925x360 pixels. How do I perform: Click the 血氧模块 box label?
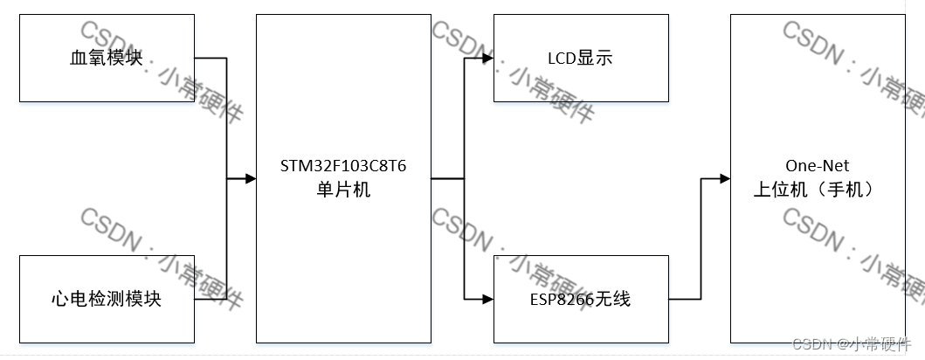point(107,59)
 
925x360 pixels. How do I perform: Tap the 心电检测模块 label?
point(107,300)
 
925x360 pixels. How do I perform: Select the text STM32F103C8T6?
point(343,166)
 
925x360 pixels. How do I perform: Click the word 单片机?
point(343,190)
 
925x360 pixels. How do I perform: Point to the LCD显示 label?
point(580,59)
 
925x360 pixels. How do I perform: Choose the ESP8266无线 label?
point(580,300)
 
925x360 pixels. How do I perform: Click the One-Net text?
point(818,166)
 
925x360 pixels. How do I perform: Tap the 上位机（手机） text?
point(818,190)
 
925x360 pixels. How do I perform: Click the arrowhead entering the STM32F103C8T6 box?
point(251,178)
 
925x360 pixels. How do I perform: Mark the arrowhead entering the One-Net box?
point(724,178)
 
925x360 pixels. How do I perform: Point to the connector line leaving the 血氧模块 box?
point(211,59)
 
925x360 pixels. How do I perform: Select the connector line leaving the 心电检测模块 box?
point(211,300)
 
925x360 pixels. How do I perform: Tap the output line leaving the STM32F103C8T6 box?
point(447,178)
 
